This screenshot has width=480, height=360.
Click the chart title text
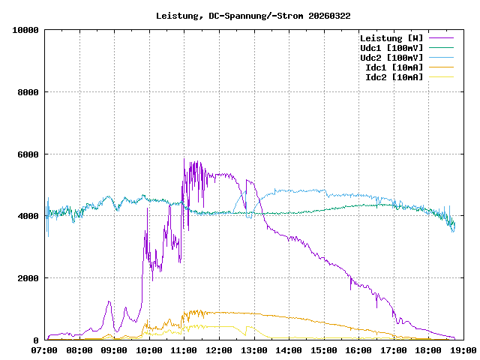point(253,15)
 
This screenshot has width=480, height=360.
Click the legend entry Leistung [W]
point(391,38)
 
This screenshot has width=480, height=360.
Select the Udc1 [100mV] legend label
point(391,48)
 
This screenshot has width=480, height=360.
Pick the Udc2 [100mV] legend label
point(391,58)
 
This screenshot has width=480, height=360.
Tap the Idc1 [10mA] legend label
point(393,67)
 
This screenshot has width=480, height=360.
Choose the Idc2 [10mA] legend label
point(393,77)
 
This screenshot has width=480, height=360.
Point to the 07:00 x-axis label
point(45,350)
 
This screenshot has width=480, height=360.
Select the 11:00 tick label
point(184,350)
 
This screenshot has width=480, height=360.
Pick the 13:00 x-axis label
point(253,350)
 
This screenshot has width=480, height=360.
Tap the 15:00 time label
point(323,350)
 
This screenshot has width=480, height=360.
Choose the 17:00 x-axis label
point(393,350)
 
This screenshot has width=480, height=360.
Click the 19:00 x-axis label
point(462,350)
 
